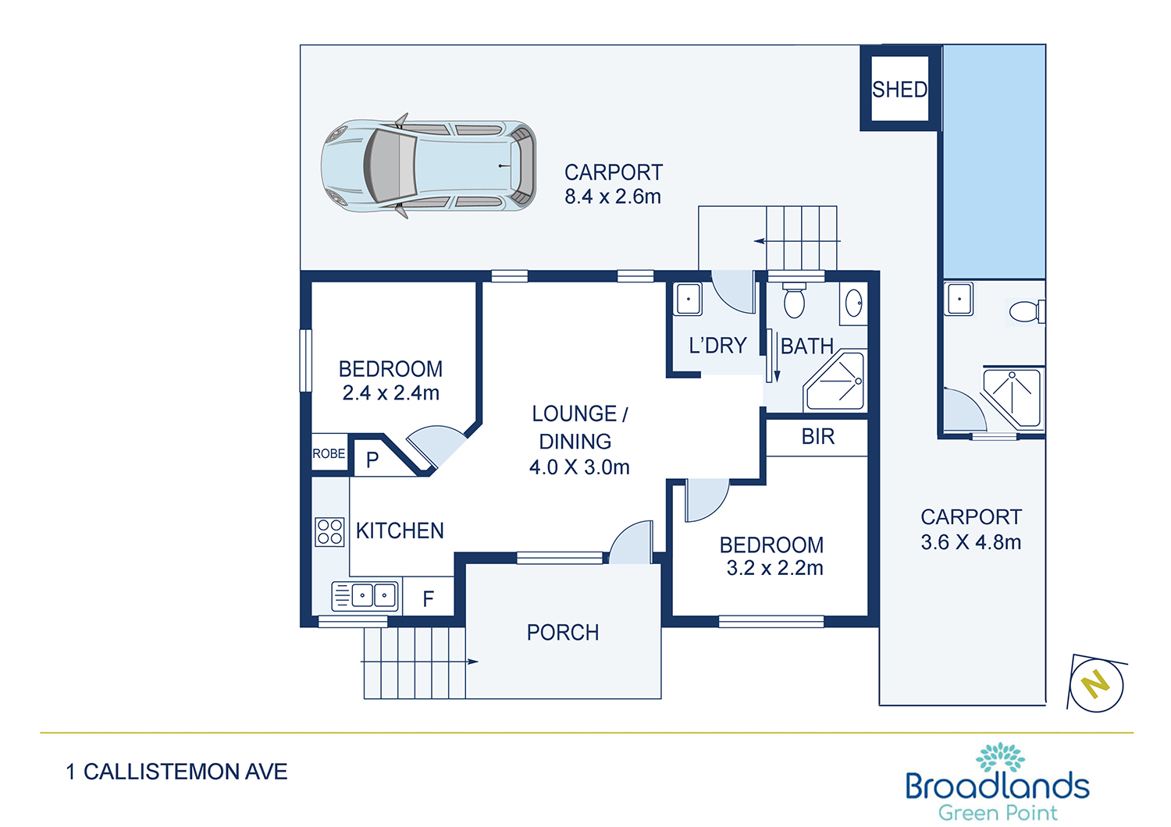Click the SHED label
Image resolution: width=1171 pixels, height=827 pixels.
[x=899, y=90]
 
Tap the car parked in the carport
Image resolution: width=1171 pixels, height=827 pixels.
[x=428, y=165]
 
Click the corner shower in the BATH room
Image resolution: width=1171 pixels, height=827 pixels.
[x=834, y=381]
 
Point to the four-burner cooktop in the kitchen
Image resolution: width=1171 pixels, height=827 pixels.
[x=329, y=532]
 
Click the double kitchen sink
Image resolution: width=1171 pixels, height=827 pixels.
[x=365, y=595]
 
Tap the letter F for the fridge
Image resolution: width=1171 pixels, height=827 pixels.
[x=428, y=598]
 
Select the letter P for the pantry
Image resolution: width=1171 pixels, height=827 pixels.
[x=372, y=460]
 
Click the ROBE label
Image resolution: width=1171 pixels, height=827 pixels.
[x=329, y=453]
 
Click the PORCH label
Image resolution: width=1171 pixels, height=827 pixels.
[x=563, y=633]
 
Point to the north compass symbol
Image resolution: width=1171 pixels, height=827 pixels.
[x=1096, y=684]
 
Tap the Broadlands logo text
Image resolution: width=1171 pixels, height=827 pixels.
[x=998, y=786]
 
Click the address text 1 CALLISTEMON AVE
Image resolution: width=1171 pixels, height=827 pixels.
[x=176, y=772]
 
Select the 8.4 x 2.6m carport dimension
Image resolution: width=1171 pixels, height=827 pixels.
[x=613, y=197]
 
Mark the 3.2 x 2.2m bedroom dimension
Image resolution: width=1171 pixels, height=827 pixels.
[x=774, y=568]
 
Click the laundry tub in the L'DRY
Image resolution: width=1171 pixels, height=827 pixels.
[x=688, y=299]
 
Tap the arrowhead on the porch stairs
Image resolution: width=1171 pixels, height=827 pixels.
[x=472, y=662]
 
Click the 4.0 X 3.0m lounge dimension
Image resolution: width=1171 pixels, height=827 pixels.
[x=579, y=467]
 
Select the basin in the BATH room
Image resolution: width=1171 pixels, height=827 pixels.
[x=853, y=303]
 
